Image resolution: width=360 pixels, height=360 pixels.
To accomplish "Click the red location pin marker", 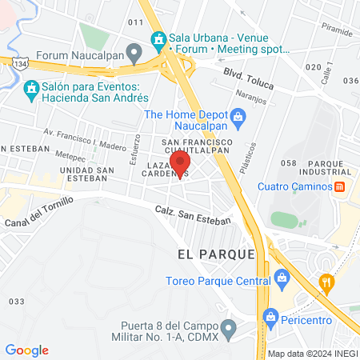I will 180,169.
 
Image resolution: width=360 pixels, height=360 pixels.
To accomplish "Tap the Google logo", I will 26,350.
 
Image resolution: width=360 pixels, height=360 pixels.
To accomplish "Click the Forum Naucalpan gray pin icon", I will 134,54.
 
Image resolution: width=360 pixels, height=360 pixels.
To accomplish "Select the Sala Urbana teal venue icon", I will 158,38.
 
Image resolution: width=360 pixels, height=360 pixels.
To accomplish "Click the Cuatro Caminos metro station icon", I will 339,186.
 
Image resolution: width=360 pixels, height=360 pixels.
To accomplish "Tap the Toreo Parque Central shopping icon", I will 281,279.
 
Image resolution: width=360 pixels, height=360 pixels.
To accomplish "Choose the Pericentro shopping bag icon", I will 271,318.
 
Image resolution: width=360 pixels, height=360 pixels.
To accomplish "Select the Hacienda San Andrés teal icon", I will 32,86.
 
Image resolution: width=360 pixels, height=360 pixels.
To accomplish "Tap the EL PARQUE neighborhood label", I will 216,254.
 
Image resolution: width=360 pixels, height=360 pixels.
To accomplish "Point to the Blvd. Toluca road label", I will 242,71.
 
